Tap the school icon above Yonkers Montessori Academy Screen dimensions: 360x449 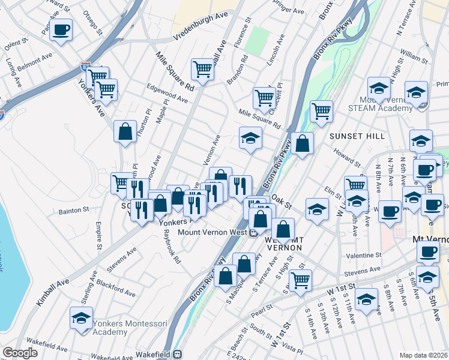pos(81,318)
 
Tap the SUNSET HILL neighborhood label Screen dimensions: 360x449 pos(357,136)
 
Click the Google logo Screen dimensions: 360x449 pos(20,353)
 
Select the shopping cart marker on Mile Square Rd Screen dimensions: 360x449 pos(264,97)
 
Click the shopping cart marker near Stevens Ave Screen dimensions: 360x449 pos(300,279)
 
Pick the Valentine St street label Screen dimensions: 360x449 pos(364,255)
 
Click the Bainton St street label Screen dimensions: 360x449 pos(73,211)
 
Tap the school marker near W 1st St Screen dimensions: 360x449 pos(366,299)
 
